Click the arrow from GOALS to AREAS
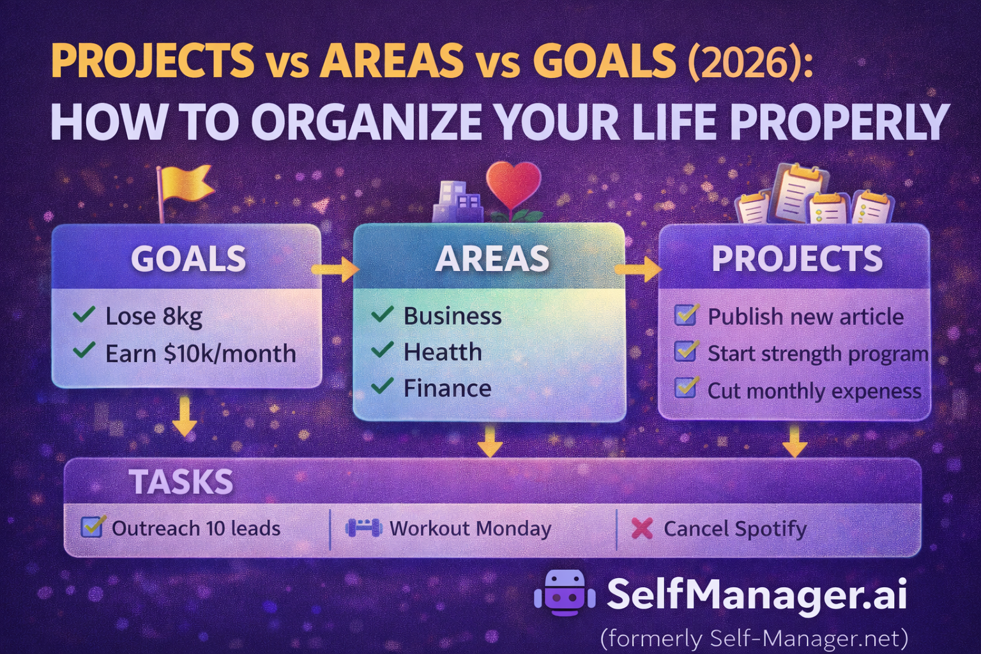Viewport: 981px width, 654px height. pyautogui.click(x=336, y=269)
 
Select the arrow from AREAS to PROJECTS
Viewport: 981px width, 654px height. pyautogui.click(x=639, y=269)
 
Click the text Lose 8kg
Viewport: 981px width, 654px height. pyautogui.click(x=153, y=316)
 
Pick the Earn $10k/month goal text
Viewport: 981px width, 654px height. pyautogui.click(x=201, y=353)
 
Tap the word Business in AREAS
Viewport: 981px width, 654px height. pyautogui.click(x=452, y=316)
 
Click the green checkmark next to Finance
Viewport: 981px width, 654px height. pyautogui.click(x=382, y=386)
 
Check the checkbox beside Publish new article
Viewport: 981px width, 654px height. pyautogui.click(x=687, y=315)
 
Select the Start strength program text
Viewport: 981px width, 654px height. pyautogui.click(x=817, y=353)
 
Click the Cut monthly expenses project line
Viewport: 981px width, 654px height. pyautogui.click(x=814, y=390)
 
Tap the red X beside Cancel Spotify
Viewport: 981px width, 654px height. pyautogui.click(x=642, y=528)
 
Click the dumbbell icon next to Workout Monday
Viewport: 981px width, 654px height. pyautogui.click(x=363, y=528)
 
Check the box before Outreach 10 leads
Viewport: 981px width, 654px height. pyautogui.click(x=92, y=527)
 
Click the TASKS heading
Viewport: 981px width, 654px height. pyautogui.click(x=181, y=482)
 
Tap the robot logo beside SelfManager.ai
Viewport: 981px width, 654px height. pyautogui.click(x=565, y=593)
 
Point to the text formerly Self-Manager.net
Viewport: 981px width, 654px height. pyautogui.click(x=754, y=637)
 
